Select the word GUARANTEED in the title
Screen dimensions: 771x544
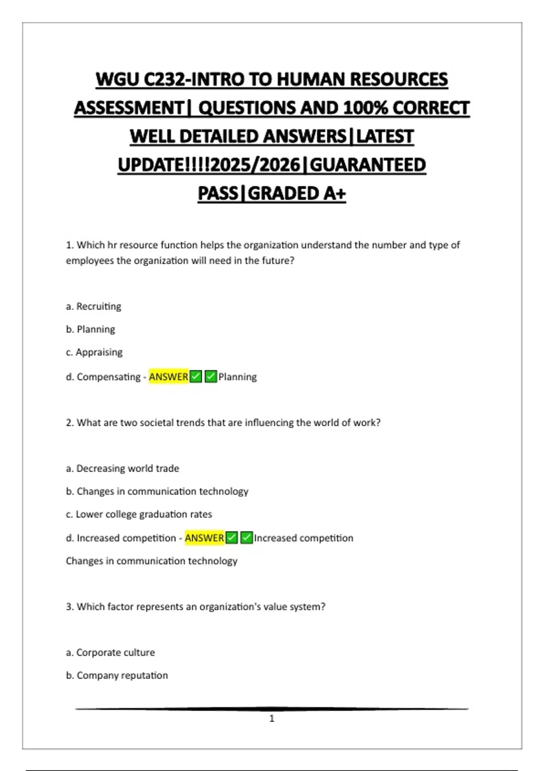pos(368,165)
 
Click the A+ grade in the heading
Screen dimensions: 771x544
pos(335,194)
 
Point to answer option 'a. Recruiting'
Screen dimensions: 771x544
pos(93,307)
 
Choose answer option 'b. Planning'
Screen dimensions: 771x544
pos(90,329)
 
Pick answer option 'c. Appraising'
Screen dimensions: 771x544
pos(94,352)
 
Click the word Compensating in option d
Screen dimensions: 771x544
pos(108,377)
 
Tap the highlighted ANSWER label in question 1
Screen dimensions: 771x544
pos(168,377)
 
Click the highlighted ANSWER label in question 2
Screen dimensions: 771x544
pos(204,538)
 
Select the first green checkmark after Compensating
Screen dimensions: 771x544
pos(196,377)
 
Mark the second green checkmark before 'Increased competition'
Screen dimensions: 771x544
pos(247,538)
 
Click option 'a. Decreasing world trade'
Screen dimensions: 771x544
pos(122,468)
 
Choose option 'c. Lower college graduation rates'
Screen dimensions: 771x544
pos(139,514)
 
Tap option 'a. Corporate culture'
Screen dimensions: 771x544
pos(110,653)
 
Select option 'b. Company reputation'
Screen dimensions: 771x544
pos(117,675)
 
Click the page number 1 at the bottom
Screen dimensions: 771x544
pos(272,718)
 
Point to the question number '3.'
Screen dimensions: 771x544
pos(70,607)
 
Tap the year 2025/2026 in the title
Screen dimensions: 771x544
pos(256,165)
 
